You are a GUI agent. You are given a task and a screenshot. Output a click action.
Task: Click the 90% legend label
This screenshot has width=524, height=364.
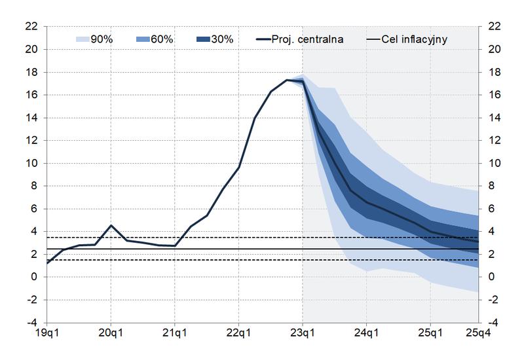[x=102, y=39]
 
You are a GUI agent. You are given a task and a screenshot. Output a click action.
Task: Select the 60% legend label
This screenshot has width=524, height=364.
[x=162, y=39]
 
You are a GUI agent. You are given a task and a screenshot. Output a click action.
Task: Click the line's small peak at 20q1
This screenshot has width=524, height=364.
[x=111, y=225]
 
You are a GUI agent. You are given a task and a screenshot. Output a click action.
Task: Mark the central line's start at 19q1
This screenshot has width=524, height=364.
[x=47, y=263]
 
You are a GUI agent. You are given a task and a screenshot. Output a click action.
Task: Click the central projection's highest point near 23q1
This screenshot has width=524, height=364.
[x=287, y=80]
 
